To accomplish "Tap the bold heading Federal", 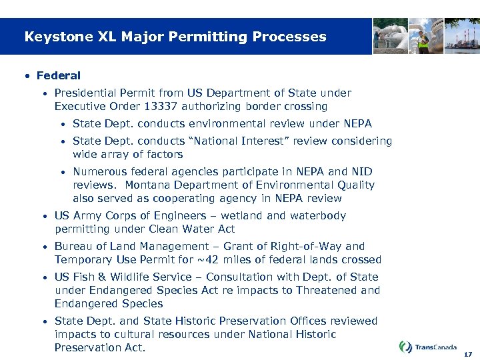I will click(59, 76).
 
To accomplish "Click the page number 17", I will click(467, 354).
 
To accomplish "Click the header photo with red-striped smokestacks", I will click(462, 36).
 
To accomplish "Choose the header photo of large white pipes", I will click(390, 36).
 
